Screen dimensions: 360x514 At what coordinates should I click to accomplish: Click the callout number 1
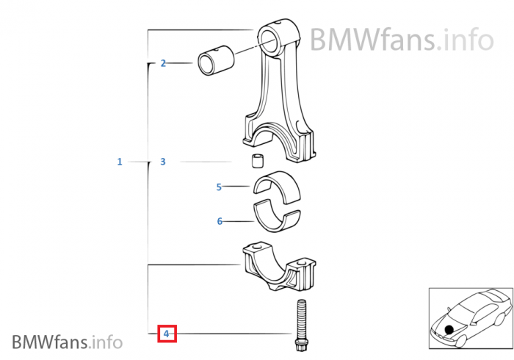[x=120, y=162]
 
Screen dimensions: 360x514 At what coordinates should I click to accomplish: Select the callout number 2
[x=163, y=63]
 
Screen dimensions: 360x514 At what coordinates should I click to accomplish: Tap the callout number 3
[x=163, y=162]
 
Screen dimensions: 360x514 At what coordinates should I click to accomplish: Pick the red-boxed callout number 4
[x=167, y=334]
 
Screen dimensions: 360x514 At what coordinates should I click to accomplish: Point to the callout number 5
[x=219, y=187]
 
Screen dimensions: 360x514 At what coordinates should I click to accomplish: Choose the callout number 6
[x=219, y=220]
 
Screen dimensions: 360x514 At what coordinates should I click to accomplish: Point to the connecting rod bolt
[x=301, y=323]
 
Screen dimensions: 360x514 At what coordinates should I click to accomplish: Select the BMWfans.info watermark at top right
[x=400, y=38]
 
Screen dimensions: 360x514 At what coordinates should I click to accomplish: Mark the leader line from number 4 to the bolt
[x=235, y=334]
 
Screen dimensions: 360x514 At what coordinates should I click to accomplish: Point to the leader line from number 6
[x=238, y=220]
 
